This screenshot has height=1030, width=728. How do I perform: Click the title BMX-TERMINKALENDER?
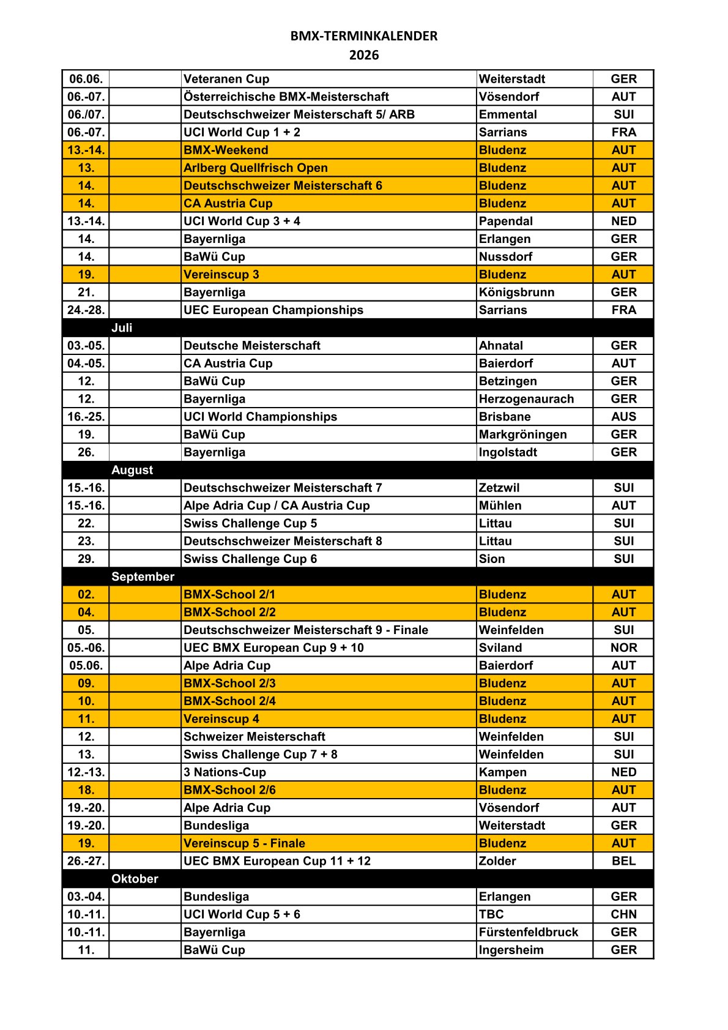click(x=364, y=36)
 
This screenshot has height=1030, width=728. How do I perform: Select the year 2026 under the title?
click(x=364, y=55)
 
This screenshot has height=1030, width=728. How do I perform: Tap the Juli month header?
click(x=122, y=327)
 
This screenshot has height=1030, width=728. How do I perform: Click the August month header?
click(x=132, y=470)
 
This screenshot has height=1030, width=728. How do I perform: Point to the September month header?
click(x=143, y=577)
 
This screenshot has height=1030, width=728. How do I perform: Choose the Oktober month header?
click(x=135, y=879)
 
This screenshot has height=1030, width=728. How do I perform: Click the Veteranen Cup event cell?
click(x=226, y=79)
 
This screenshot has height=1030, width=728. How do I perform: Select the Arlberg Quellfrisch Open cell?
click(x=256, y=168)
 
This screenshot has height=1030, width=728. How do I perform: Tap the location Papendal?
click(x=506, y=221)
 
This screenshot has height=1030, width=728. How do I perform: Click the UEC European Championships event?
click(x=273, y=310)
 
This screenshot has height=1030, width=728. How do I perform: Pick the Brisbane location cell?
click(x=505, y=417)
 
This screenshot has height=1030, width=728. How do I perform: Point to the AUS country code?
click(x=623, y=417)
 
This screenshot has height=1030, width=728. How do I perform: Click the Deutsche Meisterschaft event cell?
click(x=252, y=346)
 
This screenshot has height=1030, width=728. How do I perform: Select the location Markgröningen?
click(x=522, y=435)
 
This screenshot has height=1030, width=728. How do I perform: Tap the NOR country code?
click(x=623, y=647)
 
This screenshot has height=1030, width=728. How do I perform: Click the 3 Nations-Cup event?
click(x=225, y=772)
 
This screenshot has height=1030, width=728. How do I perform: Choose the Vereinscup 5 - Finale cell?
click(x=244, y=843)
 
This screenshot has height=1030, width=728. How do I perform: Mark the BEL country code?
click(x=623, y=861)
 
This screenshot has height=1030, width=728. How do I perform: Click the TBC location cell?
click(x=491, y=914)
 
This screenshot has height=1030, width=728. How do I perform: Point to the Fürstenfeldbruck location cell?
click(x=529, y=932)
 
